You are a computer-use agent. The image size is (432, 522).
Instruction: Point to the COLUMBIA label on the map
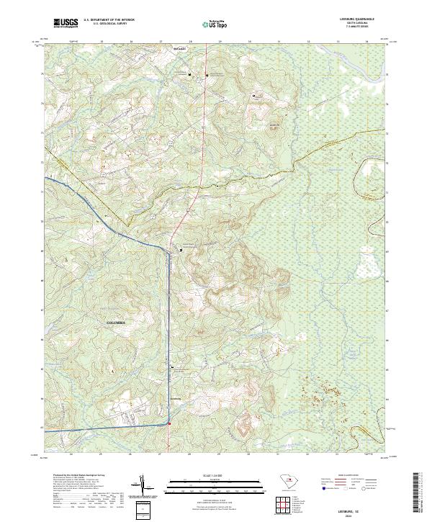pos(116,323)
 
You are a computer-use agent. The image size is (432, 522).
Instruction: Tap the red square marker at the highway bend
pos(169,424)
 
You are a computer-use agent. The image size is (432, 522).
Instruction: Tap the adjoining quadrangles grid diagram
pos(287,508)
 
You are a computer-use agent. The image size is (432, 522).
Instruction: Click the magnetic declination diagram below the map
pos(145,487)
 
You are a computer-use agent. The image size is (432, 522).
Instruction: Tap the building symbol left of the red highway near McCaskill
pos(190,75)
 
